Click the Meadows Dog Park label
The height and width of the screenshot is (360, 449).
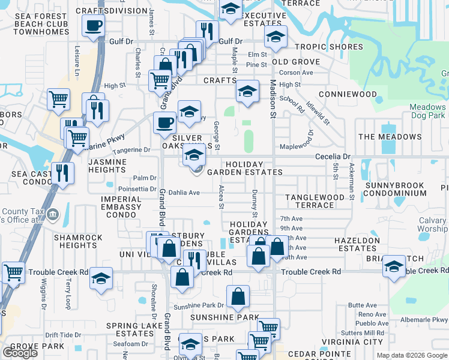pyautogui.click(x=427, y=111)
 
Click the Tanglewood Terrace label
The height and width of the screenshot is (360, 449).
pyautogui.click(x=315, y=201)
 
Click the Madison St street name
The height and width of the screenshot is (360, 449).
pyautogui.click(x=273, y=99)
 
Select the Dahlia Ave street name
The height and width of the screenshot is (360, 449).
pyautogui.click(x=184, y=193)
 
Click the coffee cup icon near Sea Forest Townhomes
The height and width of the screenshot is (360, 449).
pyautogui.click(x=93, y=26)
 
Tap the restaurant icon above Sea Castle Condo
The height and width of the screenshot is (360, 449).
pyautogui.click(x=62, y=172)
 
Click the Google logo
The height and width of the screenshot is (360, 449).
pyautogui.click(x=20, y=352)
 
